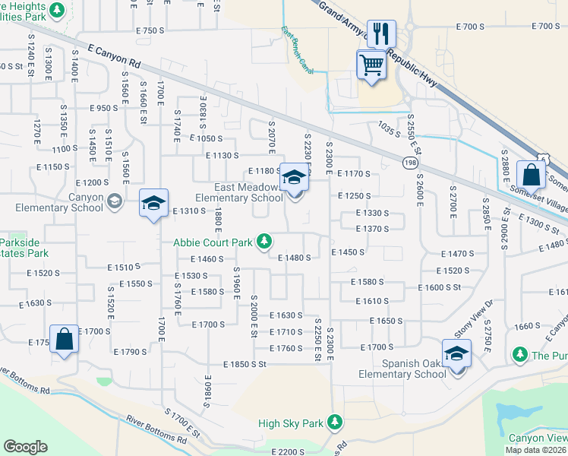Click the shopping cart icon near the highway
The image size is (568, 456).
[371, 65]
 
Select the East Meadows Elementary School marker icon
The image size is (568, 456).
[294, 179]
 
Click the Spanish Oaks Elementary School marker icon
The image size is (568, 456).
[456, 353]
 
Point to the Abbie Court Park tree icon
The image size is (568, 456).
[263, 242]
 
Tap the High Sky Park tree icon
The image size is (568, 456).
[334, 423]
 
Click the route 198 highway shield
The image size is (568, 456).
[410, 162]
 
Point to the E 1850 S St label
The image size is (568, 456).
[245, 365]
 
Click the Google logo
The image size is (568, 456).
[25, 446]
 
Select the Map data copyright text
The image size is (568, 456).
[535, 450]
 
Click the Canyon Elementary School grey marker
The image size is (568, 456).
[114, 201]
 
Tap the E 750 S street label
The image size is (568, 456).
[150, 30]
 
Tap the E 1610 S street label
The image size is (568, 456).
[372, 302]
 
